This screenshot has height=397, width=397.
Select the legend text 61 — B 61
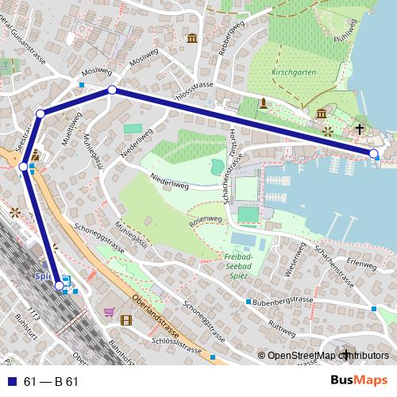pyautogui.click(x=52, y=382)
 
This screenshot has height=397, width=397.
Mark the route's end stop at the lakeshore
pyautogui.click(x=374, y=153)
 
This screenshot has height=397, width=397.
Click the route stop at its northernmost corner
pyautogui.click(x=112, y=91)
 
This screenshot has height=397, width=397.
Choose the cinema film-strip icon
pyautogui.click(x=125, y=320)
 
